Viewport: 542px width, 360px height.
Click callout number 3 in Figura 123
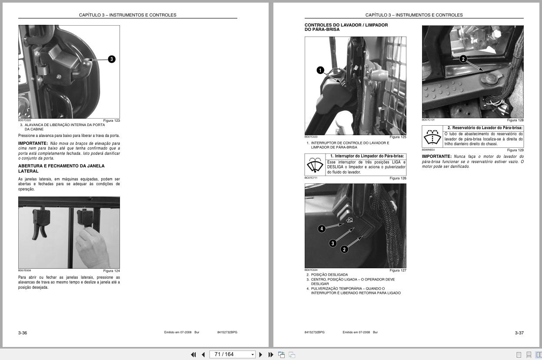tap(112, 59)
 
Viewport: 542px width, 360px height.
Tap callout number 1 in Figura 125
tap(320, 70)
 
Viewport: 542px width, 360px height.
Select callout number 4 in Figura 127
tap(322, 229)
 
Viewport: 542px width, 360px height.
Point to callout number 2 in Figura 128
tap(463, 59)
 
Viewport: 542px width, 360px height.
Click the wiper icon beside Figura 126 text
tap(315, 165)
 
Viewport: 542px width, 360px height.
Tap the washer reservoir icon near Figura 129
tap(432, 137)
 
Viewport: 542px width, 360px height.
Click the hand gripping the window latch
tap(92, 247)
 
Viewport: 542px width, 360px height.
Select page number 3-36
tap(23, 333)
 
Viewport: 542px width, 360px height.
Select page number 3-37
tap(519, 333)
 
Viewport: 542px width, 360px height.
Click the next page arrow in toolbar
tap(261, 355)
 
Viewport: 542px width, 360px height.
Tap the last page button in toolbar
tap(271, 355)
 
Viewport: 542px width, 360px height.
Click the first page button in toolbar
tap(193, 355)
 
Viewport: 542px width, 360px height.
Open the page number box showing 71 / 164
tap(232, 354)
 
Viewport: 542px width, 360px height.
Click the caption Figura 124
tap(112, 271)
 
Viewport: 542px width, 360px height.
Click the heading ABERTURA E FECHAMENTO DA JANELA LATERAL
tap(61, 169)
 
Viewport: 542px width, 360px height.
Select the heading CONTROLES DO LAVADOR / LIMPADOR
tap(346, 25)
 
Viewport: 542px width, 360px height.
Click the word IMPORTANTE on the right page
tap(437, 157)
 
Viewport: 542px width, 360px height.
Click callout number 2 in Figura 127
tap(344, 250)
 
